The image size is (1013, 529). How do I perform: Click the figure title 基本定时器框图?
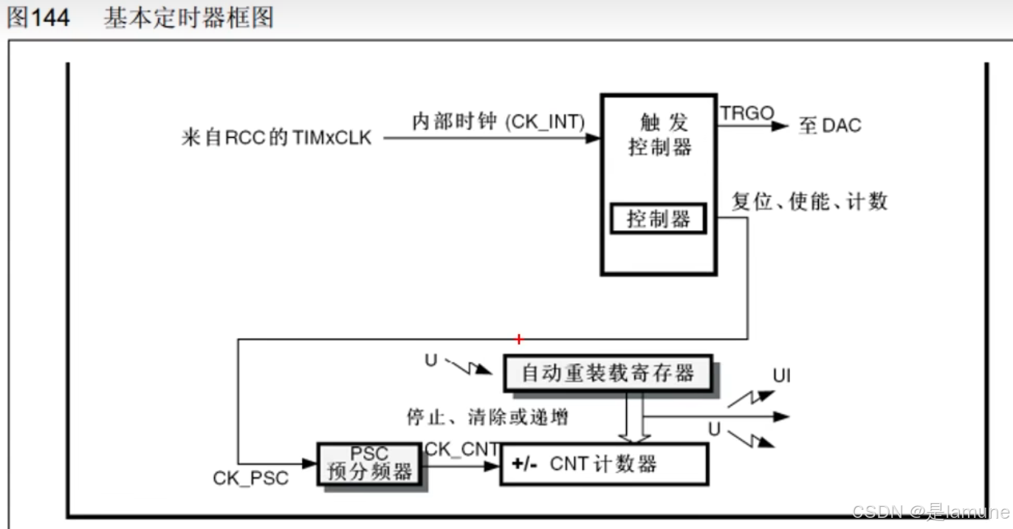coord(188,18)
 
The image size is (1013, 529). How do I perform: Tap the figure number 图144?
coord(38,18)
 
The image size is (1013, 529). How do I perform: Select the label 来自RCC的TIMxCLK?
coord(276,138)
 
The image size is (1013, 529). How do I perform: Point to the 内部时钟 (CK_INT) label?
coord(498,122)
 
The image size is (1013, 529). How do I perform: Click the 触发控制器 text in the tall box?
coord(659,136)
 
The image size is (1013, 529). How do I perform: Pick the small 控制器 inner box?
coord(658,219)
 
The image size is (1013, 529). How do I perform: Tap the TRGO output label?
coord(747,114)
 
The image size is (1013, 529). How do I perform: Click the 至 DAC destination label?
coord(830,125)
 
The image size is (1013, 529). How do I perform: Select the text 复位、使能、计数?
coord(809,201)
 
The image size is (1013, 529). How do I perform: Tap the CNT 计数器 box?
coord(603,464)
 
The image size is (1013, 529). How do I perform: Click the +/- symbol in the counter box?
coord(524,464)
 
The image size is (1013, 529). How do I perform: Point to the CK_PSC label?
coord(251,478)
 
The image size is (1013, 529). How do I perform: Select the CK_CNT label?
coord(462,449)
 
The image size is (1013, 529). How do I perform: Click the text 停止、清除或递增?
coord(487,417)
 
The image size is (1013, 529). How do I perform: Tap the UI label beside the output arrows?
coord(782,376)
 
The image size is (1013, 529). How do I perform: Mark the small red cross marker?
coord(519,339)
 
